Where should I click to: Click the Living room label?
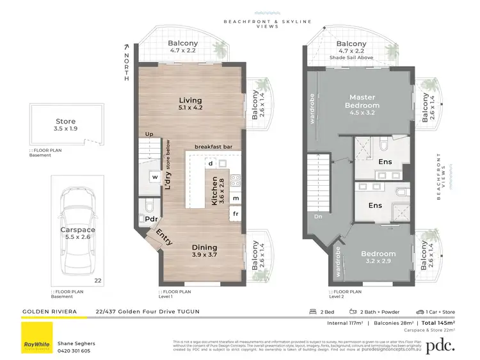click(x=190, y=101)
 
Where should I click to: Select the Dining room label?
click(x=205, y=247)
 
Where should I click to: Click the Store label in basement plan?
click(x=65, y=121)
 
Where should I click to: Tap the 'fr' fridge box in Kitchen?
click(x=236, y=213)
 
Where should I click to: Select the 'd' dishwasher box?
click(x=210, y=163)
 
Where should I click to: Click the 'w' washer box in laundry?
click(x=155, y=177)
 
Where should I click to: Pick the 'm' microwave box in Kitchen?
click(x=236, y=198)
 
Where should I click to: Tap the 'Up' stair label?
click(x=149, y=135)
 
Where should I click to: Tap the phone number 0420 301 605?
click(x=74, y=350)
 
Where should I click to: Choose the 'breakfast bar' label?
click(x=213, y=146)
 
